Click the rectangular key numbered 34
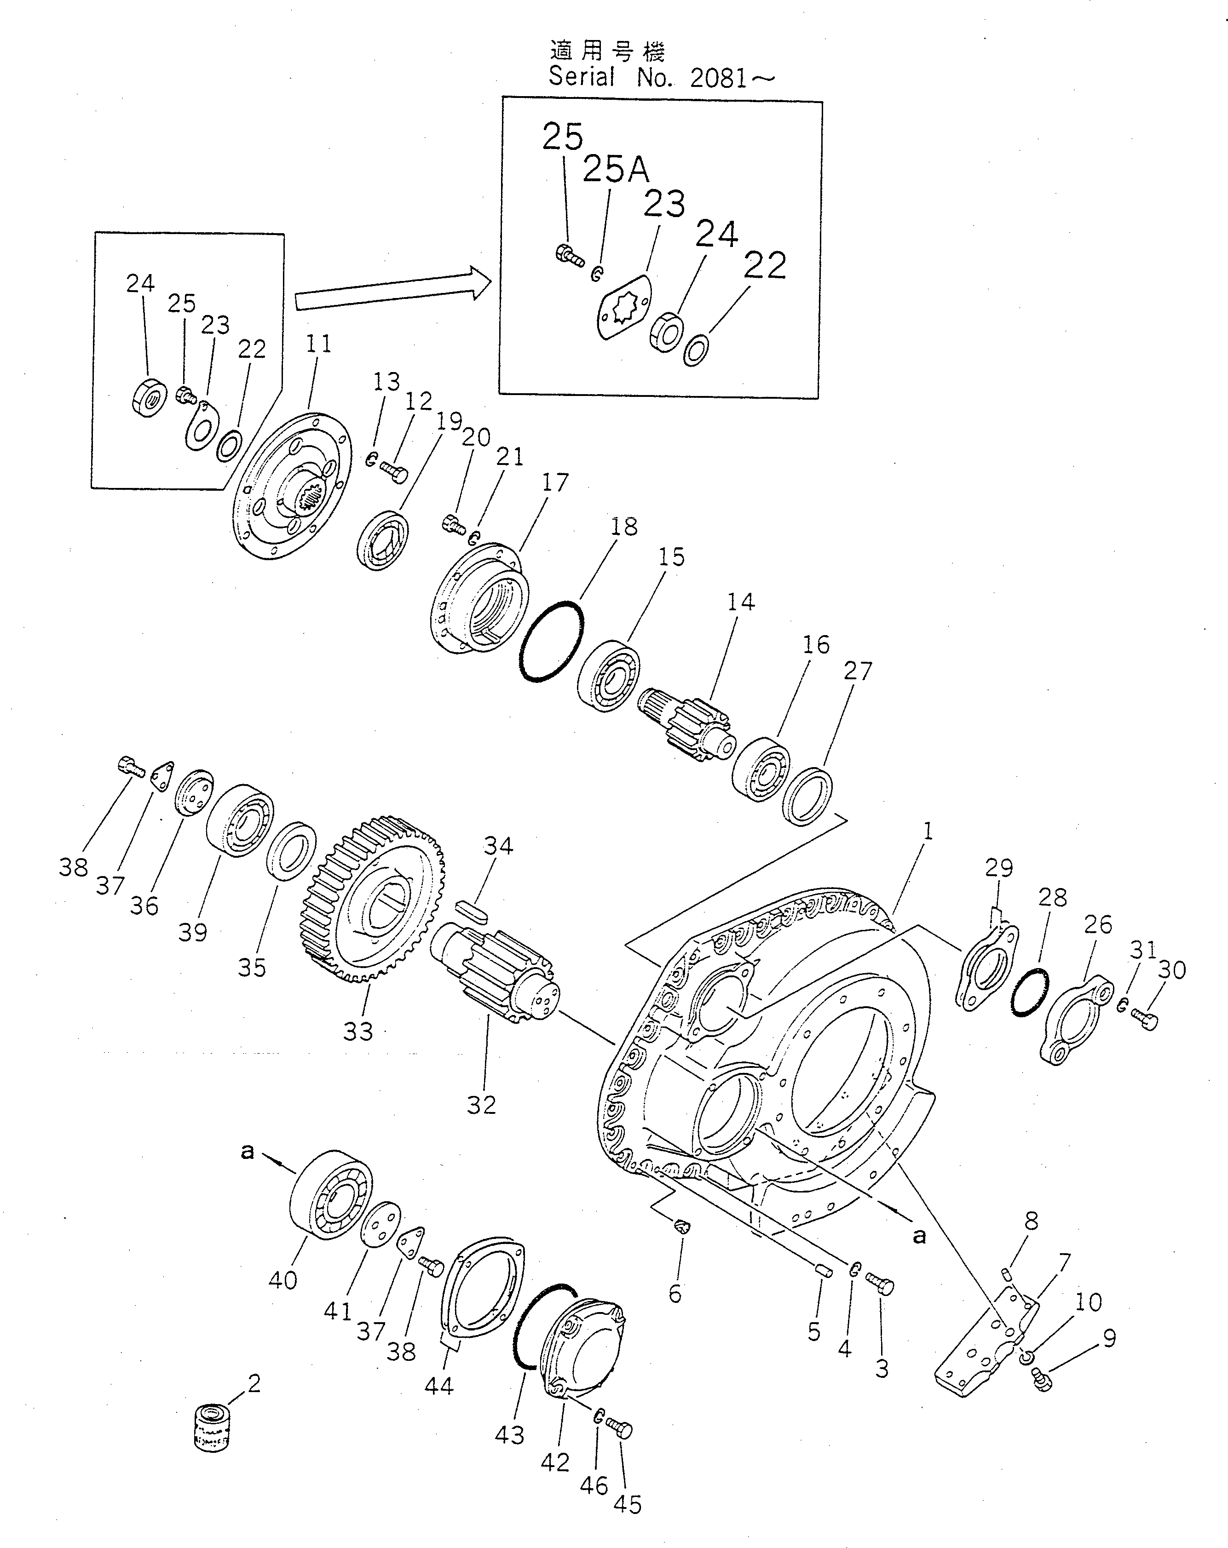[x=472, y=912]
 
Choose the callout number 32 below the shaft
[x=481, y=1104]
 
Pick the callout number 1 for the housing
[x=928, y=831]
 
